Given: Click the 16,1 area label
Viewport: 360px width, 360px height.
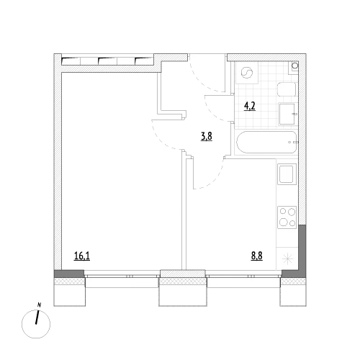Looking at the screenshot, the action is [x=82, y=256].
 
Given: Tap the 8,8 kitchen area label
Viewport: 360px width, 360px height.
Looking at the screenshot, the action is [x=256, y=256].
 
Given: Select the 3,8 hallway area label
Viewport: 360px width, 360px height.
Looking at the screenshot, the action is [x=207, y=137].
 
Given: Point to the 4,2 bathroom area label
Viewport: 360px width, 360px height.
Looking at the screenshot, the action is [x=250, y=106].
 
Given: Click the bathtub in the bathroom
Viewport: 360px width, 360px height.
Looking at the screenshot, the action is [x=266, y=142].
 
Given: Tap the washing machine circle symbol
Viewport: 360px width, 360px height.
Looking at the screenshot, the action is [x=247, y=73].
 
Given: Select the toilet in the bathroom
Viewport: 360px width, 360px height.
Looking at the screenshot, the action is [x=287, y=90].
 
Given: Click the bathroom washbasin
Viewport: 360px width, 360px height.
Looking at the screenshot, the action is [x=287, y=114].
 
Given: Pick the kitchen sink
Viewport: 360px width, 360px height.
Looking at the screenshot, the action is [x=287, y=174].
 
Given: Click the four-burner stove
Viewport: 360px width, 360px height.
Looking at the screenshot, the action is [x=287, y=217].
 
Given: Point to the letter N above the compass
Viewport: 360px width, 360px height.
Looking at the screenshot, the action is [x=40, y=305].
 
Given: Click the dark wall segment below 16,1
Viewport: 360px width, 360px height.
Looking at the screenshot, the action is [x=69, y=274].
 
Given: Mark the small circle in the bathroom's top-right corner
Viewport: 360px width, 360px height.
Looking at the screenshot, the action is [x=294, y=66].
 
